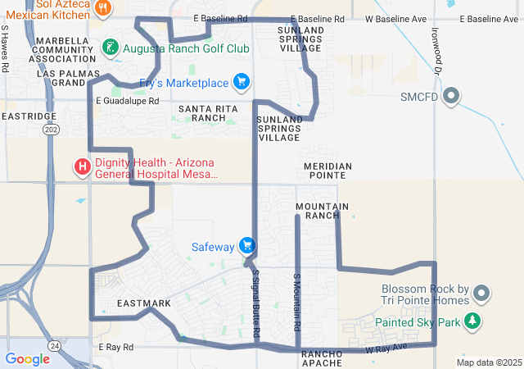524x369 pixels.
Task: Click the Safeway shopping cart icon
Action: (246, 246)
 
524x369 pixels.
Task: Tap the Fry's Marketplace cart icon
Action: (241, 82)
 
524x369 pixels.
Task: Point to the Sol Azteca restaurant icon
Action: (102, 8)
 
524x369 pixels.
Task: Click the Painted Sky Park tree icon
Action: (472, 321)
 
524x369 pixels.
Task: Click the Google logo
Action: (27, 359)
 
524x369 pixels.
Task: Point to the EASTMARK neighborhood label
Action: (144, 303)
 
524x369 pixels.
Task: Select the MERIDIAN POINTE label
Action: (327, 171)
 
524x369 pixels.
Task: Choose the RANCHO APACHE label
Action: (327, 358)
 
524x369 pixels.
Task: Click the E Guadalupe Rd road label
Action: (127, 101)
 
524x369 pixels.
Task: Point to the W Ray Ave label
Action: (386, 349)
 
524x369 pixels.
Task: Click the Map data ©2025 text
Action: (489, 362)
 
